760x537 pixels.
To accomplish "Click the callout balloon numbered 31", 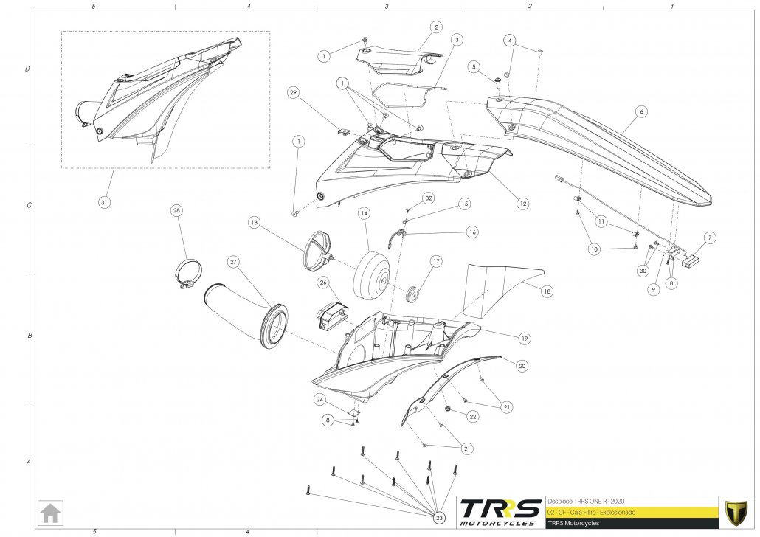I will click(104, 201).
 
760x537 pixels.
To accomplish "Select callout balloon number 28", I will click(176, 211).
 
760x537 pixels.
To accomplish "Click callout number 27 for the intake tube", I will click(233, 261).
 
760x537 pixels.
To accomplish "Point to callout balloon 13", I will click(253, 222).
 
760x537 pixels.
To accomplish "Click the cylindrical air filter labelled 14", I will click(372, 277).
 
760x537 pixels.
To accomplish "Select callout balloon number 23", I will click(441, 517).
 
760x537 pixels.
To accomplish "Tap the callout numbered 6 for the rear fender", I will click(641, 111).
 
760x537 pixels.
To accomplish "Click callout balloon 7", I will click(710, 238).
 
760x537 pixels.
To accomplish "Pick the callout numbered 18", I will click(547, 291).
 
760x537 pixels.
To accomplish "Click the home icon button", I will click(51, 511).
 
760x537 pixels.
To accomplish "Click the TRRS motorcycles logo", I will click(498, 511).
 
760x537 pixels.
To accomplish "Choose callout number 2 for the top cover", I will click(436, 27).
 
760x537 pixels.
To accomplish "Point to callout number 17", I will click(436, 261).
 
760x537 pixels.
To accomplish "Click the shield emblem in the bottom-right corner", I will click(735, 512).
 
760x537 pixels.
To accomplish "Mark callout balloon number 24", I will click(320, 399).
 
